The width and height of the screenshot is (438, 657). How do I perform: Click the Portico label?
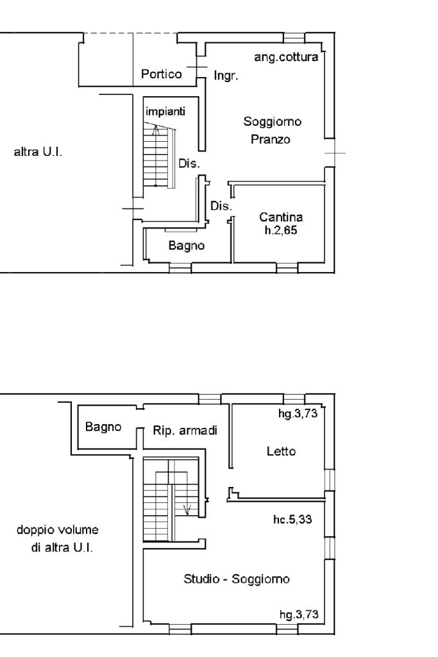coord(161,74)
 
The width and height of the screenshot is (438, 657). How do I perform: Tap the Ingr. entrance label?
coord(225,76)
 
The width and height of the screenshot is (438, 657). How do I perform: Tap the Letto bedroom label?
coord(281,451)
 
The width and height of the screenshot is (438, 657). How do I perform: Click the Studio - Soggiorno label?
coord(237,579)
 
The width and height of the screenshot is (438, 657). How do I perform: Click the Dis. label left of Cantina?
coord(221,207)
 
